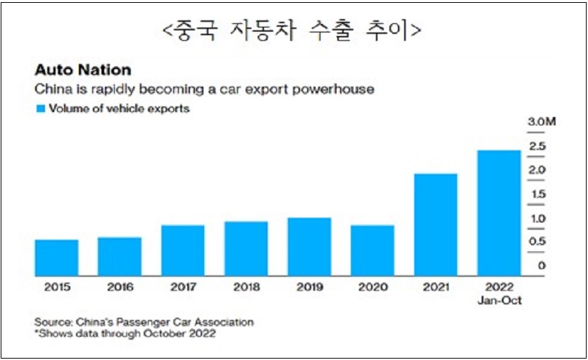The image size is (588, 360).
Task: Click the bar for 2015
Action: [56, 258]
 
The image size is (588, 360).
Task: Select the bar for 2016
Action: [120, 256]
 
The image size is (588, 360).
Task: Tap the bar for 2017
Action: [183, 251]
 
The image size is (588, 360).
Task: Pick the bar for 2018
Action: [246, 249]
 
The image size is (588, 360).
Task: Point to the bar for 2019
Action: [309, 247]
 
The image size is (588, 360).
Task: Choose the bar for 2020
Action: [373, 251]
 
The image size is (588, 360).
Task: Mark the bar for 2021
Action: [436, 225]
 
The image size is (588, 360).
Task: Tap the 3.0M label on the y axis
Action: [542, 123]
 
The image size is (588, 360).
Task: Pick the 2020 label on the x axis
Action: [373, 287]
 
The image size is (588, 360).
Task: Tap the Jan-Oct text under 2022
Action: [499, 299]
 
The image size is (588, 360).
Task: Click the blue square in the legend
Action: [40, 109]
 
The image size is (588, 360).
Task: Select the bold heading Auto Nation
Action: [82, 71]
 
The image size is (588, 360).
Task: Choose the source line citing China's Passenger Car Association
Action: [144, 322]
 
